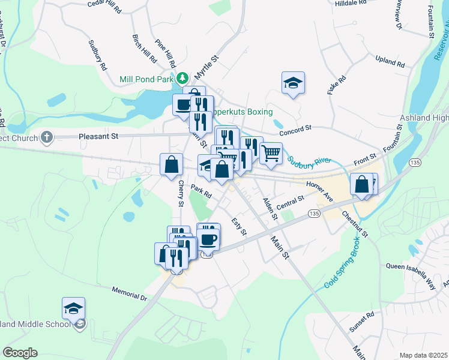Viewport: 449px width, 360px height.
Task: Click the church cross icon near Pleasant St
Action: click(47, 137)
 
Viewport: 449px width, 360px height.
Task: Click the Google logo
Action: click(20, 353)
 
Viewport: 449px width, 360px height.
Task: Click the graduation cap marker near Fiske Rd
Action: click(293, 83)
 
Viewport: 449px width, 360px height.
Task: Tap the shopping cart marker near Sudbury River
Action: click(271, 153)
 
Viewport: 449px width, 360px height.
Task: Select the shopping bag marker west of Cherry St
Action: click(171, 163)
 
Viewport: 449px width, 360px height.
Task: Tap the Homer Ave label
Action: click(319, 190)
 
